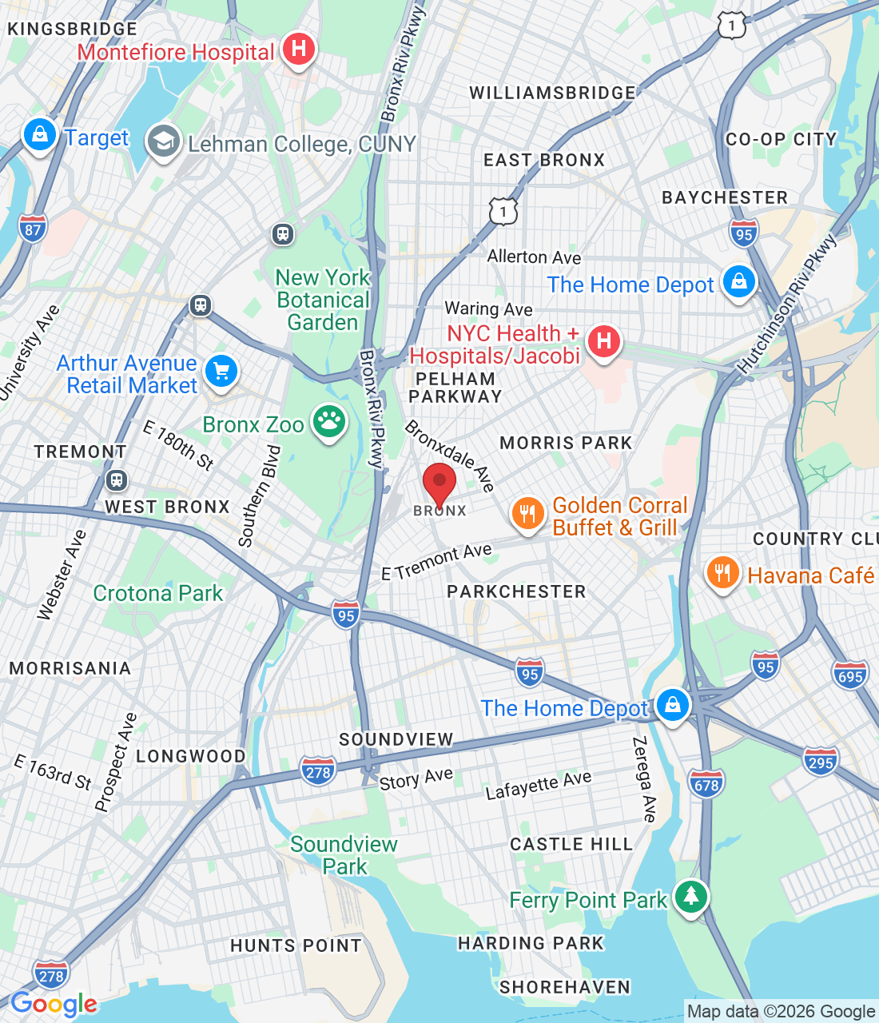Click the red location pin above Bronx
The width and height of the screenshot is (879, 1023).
(439, 483)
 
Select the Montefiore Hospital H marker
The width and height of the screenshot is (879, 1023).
(298, 50)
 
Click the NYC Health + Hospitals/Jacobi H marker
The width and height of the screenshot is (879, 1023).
(604, 342)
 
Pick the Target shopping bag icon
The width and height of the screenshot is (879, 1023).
(39, 135)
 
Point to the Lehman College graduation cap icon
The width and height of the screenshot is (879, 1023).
(163, 142)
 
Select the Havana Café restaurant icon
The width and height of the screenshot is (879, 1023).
(722, 573)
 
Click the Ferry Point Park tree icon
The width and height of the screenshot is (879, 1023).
(690, 897)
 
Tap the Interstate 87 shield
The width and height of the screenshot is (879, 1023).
(33, 229)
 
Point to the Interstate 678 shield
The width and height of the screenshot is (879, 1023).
(706, 784)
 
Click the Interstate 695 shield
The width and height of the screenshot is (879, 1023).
(850, 675)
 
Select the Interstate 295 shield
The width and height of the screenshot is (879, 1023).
(821, 762)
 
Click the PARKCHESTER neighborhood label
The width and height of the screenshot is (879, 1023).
(516, 591)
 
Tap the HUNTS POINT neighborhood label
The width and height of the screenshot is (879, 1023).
(296, 945)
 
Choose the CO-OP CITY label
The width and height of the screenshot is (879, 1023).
(781, 139)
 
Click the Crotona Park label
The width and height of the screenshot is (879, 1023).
(158, 593)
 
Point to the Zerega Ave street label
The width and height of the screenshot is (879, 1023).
(644, 779)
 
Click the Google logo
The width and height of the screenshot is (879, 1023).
(54, 1004)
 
